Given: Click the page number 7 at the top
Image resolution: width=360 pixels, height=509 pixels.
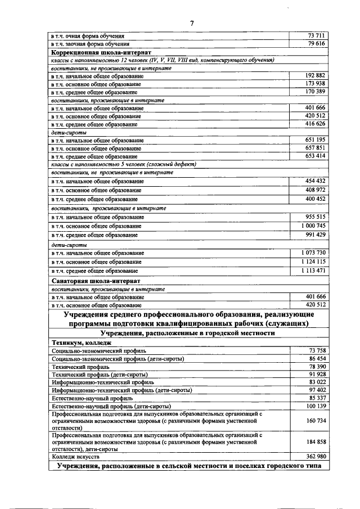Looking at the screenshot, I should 191,23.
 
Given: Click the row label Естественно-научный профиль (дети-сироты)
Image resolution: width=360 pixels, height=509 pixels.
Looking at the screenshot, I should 111,406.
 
